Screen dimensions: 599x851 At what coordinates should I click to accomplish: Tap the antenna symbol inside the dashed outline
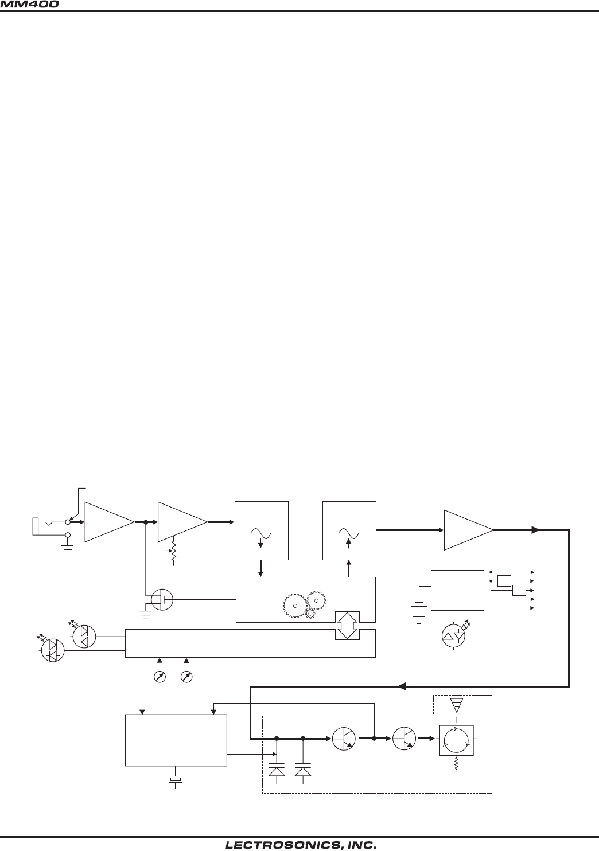click(456, 706)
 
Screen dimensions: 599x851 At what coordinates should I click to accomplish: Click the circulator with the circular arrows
click(456, 740)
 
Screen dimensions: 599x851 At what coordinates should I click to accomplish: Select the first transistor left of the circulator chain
click(343, 740)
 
